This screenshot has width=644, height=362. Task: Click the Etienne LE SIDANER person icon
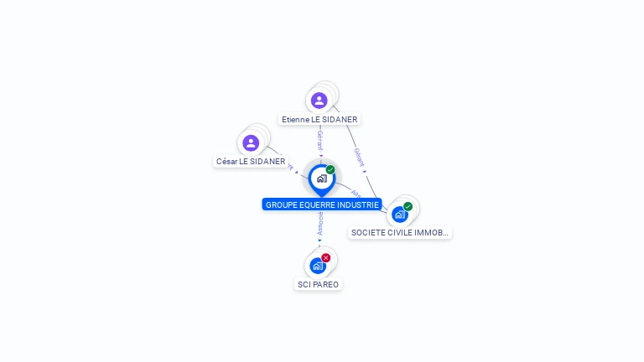[319, 101]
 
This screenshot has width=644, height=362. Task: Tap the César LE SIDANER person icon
[250, 142]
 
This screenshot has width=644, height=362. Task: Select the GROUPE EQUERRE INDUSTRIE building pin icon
[321, 178]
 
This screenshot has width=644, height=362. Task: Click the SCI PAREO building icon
[317, 266]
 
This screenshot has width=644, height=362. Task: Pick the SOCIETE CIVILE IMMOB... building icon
[400, 214]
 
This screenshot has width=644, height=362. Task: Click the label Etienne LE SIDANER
[319, 120]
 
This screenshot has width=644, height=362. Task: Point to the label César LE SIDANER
[251, 162]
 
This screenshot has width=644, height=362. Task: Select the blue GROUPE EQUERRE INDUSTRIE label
[322, 204]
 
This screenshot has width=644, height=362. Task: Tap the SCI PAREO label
[319, 285]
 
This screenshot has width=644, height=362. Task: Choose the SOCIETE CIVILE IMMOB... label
[400, 233]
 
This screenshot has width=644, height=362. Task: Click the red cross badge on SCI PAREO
[326, 257]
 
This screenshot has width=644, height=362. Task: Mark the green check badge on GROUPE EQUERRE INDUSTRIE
[330, 169]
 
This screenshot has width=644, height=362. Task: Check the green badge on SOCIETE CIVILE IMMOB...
[408, 206]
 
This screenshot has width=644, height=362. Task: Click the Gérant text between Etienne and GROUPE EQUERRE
[319, 140]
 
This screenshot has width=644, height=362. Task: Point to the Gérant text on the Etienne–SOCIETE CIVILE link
[359, 157]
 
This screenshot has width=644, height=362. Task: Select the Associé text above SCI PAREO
[319, 223]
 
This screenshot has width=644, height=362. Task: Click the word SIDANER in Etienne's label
[340, 120]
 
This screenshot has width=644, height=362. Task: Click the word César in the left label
[226, 162]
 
